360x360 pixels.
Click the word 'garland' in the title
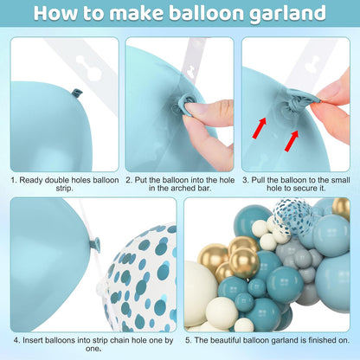point(288,14)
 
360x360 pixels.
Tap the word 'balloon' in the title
point(206,13)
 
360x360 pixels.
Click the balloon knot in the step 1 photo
point(77,93)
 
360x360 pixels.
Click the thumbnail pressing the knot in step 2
point(196,107)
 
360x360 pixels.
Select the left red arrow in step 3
point(259,127)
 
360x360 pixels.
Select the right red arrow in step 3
point(292,140)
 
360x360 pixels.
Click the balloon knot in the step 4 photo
point(96,244)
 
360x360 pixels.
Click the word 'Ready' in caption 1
point(29,180)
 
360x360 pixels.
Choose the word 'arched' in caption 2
point(183,189)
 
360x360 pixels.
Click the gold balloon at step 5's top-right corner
point(341,209)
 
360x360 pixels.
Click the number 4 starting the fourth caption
point(16,340)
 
